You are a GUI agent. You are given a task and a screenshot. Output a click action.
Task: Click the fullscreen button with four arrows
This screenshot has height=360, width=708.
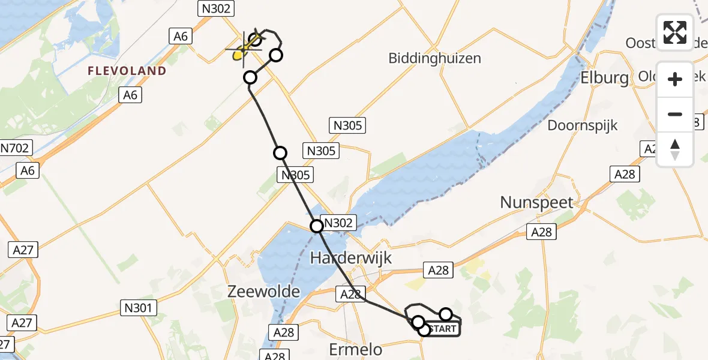click(x=675, y=32)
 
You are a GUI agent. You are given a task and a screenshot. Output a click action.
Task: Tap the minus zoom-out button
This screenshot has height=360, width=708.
click(x=675, y=114)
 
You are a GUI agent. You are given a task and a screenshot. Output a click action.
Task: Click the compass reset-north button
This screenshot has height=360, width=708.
click(x=675, y=149)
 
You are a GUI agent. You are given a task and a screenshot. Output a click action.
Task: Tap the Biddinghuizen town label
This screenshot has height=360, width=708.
click(x=434, y=59)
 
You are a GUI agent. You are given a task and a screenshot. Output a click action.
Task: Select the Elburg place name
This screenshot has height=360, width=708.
click(x=604, y=78)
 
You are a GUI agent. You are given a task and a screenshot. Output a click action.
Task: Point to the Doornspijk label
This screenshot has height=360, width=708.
click(x=582, y=125)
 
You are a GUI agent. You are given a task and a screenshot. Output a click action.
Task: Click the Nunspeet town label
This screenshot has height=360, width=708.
click(x=537, y=203)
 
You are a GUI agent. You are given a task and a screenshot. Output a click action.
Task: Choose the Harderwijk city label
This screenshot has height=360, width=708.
click(x=351, y=259)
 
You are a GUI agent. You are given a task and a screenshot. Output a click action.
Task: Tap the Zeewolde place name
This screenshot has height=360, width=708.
click(x=264, y=292)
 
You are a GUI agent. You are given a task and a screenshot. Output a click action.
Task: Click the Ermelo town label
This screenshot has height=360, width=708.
click(x=352, y=349)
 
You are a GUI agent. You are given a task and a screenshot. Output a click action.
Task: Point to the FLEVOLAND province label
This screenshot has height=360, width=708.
click(x=127, y=71)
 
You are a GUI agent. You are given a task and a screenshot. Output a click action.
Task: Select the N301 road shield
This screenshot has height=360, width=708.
click(x=139, y=308)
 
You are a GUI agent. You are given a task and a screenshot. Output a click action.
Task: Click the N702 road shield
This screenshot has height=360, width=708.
click(x=16, y=148)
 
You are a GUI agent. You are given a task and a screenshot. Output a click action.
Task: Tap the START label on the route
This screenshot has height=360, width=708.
click(x=443, y=329)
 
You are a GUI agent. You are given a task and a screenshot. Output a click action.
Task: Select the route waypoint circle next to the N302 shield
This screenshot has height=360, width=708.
click(x=316, y=226)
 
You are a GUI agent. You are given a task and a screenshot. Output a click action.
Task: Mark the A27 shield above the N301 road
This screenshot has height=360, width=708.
click(x=23, y=250)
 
